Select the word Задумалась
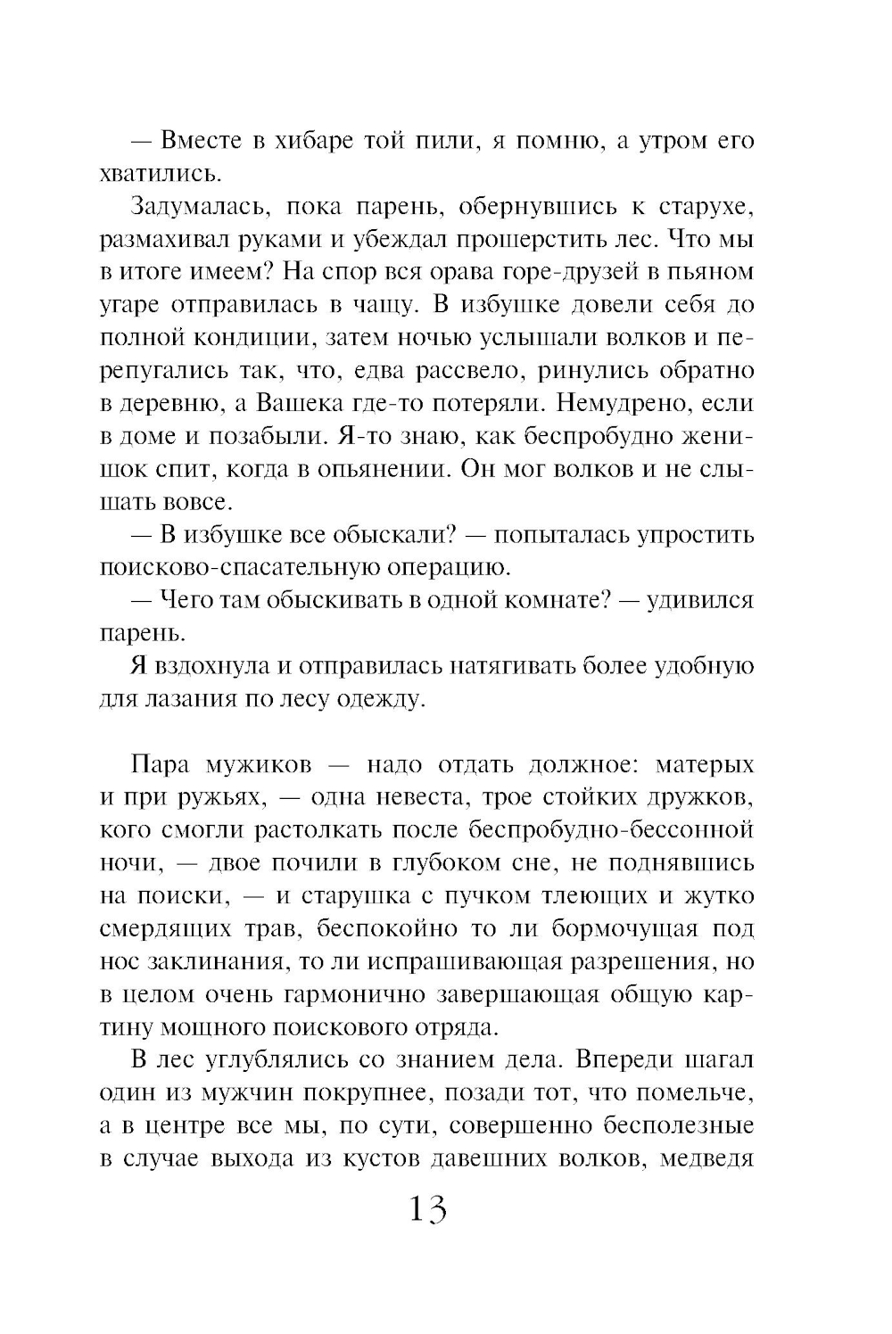click(186, 206)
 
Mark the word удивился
click(697, 600)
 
